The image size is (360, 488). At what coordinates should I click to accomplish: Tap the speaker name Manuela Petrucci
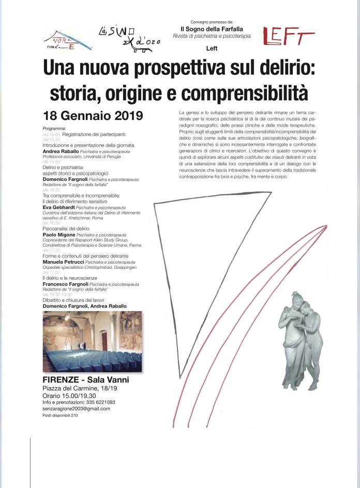[62, 262]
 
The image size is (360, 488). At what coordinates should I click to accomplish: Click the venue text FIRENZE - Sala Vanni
[86, 380]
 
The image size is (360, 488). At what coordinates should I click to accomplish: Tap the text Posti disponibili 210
[60, 416]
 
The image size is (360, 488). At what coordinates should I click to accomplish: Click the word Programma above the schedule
[54, 128]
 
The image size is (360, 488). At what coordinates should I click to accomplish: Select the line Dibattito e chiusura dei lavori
[75, 300]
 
